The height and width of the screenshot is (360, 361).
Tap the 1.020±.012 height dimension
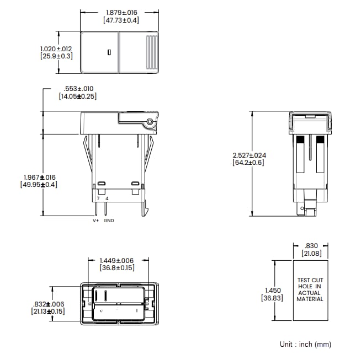[x=56, y=49]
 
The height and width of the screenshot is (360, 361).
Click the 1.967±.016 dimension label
[x=40, y=177]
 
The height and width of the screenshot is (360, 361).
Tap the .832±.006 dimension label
[x=48, y=304]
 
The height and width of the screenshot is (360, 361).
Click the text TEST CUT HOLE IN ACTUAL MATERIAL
[x=310, y=289]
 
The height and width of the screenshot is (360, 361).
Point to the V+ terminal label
[x=95, y=221]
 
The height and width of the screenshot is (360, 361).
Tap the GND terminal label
[x=109, y=221]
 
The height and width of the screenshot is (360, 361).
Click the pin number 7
[x=98, y=198]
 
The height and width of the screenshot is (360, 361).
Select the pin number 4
[x=107, y=198]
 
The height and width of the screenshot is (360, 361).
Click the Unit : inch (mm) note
[x=305, y=344]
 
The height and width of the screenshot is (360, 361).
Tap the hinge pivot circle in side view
[x=149, y=121]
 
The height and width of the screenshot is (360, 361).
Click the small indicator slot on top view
[x=109, y=52]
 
